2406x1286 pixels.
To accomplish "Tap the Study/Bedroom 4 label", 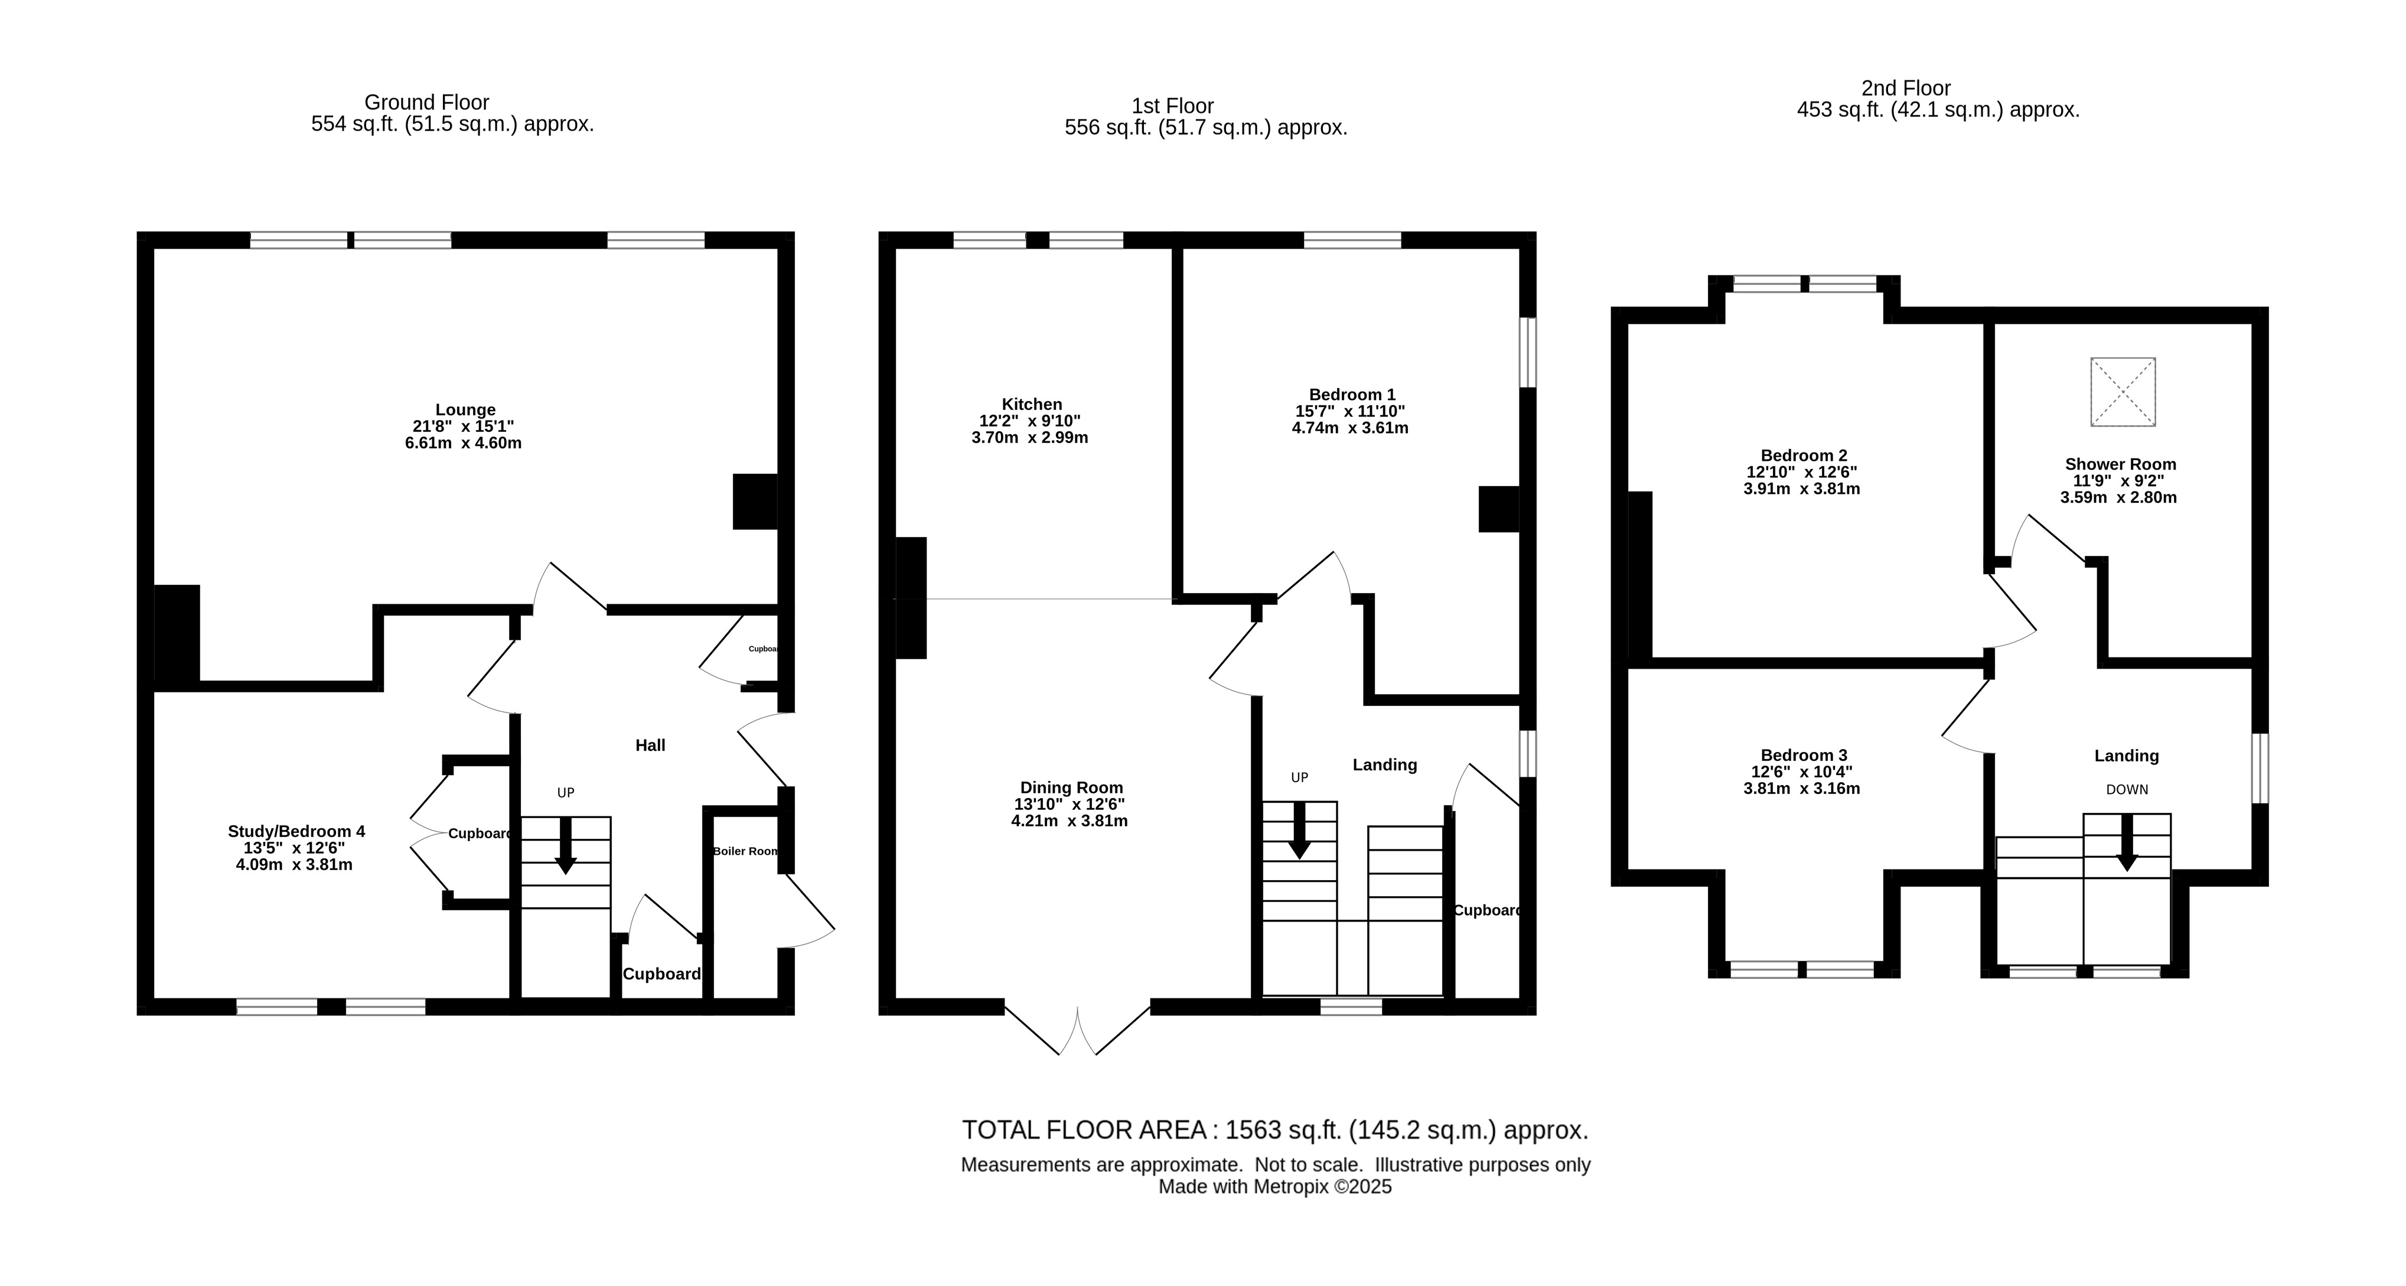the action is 296,831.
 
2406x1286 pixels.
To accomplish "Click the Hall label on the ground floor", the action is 650,744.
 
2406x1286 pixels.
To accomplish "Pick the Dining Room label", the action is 1071,787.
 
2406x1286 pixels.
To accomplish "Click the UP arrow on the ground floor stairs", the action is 565,846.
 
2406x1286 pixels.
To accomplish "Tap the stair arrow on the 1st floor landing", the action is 1299,830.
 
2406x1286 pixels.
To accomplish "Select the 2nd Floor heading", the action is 1906,88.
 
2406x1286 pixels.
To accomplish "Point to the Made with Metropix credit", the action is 1275,1186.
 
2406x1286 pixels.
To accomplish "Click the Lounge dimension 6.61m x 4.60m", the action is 463,442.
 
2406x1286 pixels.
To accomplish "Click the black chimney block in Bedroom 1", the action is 1499,509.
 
